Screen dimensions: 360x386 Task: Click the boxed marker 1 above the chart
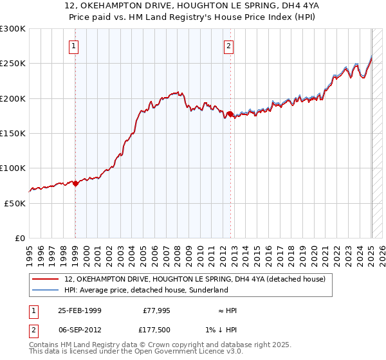75,46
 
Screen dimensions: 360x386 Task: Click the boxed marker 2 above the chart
228,46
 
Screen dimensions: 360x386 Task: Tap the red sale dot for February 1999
76,183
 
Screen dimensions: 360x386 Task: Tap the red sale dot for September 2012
230,114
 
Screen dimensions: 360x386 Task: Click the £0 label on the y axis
19,238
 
